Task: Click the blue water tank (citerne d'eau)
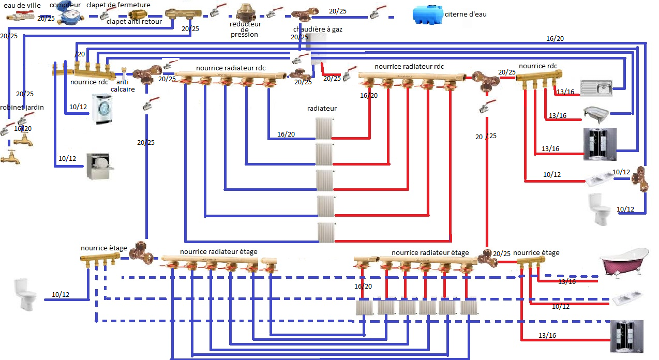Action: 428,14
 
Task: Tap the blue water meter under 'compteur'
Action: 68,17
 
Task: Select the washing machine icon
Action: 102,109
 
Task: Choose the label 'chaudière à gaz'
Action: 318,29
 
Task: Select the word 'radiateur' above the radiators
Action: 322,109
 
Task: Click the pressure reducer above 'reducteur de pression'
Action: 246,12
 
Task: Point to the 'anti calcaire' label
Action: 123,85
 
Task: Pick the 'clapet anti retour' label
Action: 134,22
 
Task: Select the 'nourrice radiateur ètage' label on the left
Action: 218,252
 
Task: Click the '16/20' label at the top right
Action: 555,38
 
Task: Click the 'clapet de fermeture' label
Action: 118,5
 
